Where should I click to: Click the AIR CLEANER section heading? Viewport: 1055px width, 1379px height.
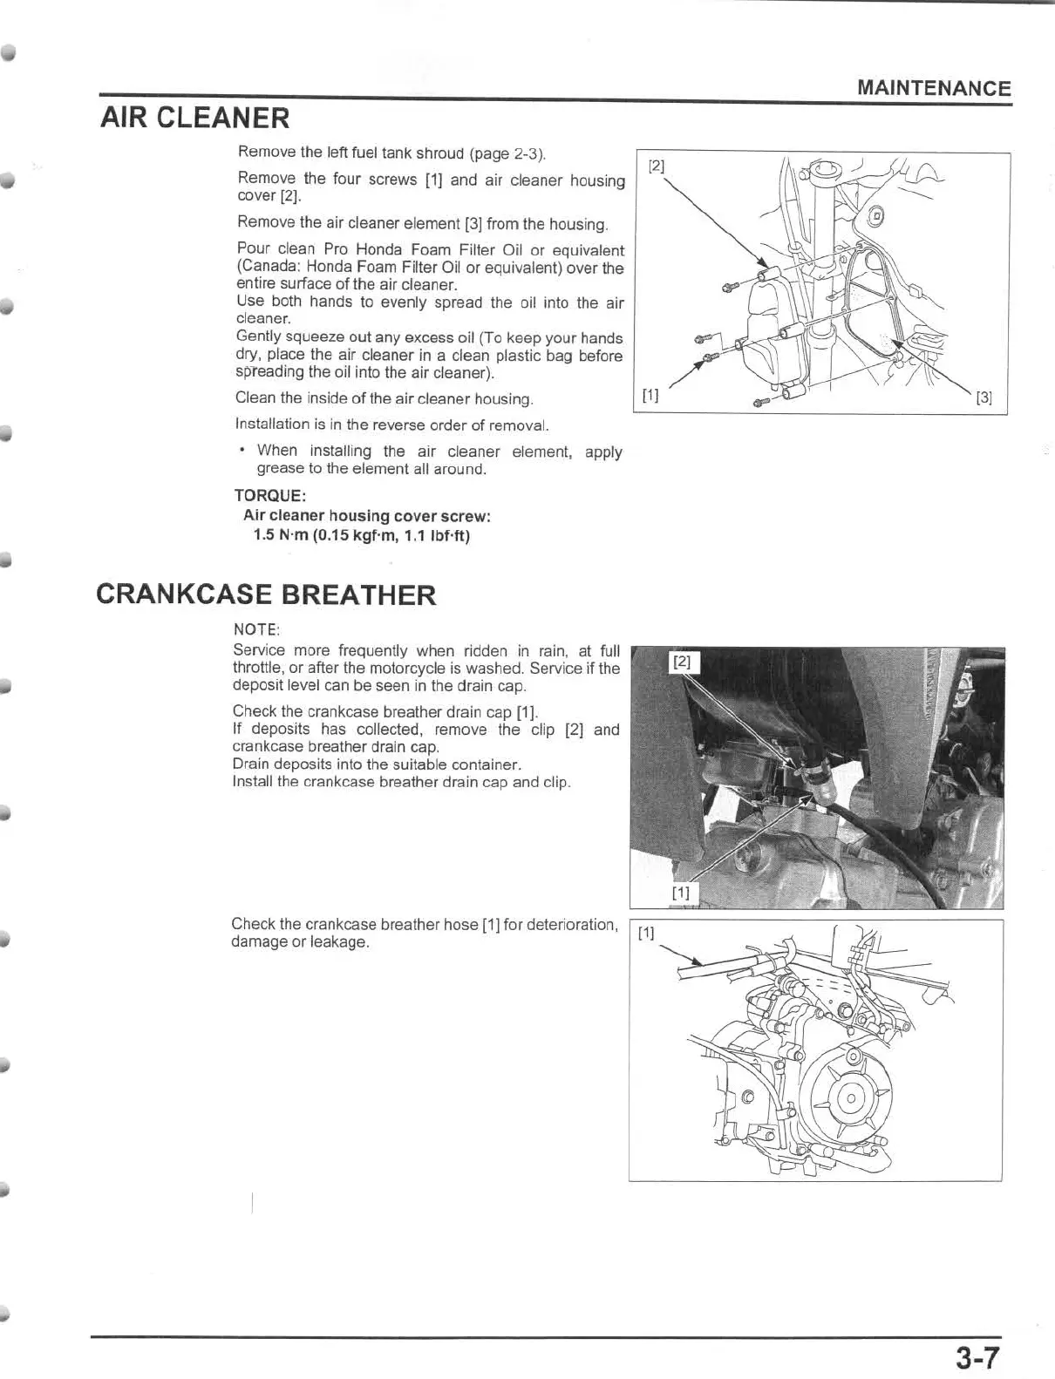pos(195,118)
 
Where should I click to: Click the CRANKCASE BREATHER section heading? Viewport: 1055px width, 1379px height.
pos(265,595)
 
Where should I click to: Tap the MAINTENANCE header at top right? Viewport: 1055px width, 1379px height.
pos(934,88)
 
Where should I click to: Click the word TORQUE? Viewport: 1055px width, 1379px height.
pos(269,495)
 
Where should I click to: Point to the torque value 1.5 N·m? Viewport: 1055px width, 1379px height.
pos(281,534)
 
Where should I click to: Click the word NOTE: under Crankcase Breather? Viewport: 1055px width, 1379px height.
pos(256,629)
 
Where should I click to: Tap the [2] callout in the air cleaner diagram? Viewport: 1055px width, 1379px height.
pos(657,166)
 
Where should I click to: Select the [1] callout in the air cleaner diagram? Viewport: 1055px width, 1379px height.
pos(650,395)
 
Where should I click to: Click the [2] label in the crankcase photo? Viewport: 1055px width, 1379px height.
pos(683,662)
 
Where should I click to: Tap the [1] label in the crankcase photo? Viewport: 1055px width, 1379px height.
pos(681,892)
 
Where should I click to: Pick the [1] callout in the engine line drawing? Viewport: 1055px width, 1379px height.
pos(646,934)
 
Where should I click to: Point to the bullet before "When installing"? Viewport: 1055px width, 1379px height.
pos(242,450)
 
